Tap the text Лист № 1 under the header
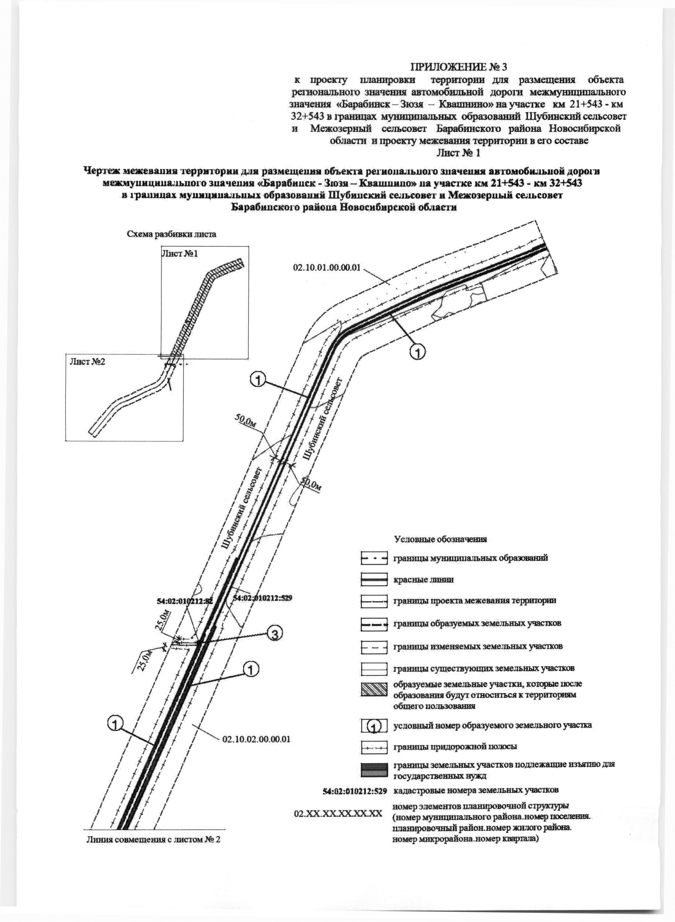pos(458,153)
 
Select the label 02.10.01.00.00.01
pos(327,268)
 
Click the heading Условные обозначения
pos(440,539)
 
